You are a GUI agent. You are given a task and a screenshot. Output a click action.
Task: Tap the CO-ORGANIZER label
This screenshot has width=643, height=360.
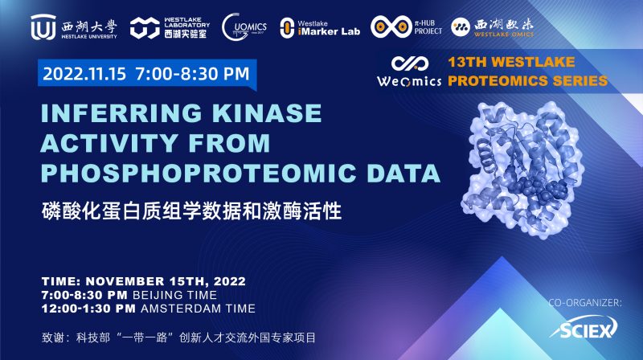584,303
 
